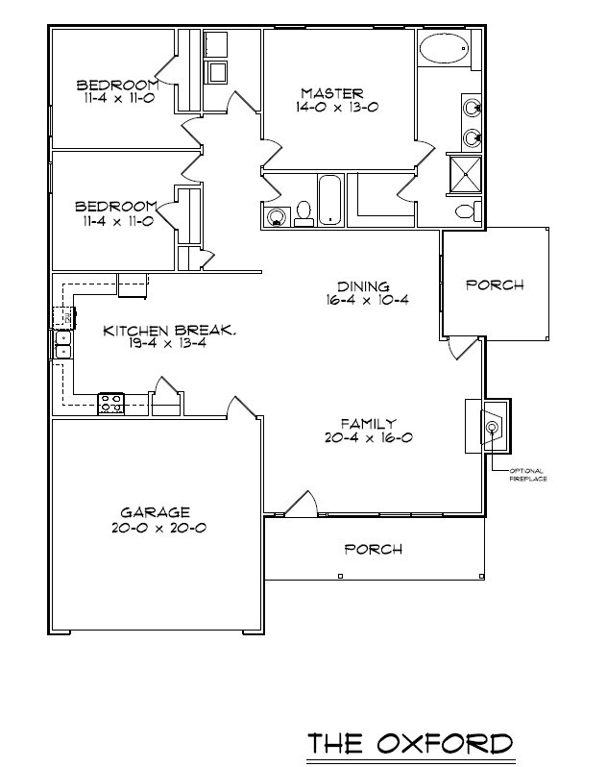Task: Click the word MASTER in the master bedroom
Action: (x=332, y=93)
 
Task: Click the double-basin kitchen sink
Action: (x=61, y=343)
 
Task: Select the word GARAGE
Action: (x=155, y=512)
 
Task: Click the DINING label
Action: (x=363, y=286)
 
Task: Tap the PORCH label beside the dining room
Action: (x=495, y=285)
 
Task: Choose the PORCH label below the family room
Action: (x=373, y=550)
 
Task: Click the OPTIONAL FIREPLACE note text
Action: (x=527, y=474)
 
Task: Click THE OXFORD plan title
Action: (x=409, y=743)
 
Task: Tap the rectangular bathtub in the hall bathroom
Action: (x=330, y=200)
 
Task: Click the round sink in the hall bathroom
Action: (x=277, y=215)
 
